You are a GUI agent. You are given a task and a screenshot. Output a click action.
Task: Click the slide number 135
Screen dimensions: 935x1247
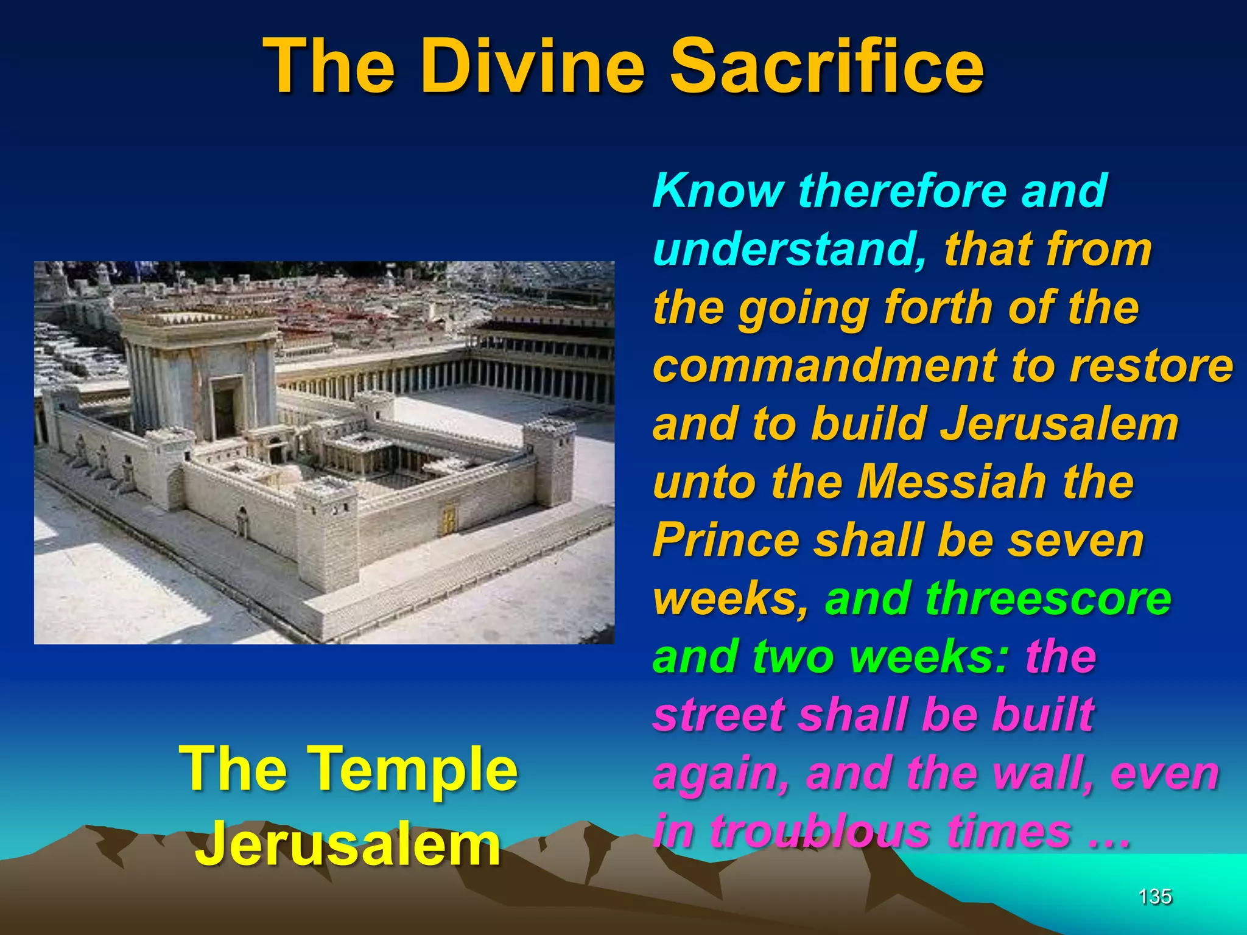[x=1155, y=896]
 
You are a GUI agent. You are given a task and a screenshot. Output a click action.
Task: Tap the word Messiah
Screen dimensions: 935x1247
[x=952, y=482]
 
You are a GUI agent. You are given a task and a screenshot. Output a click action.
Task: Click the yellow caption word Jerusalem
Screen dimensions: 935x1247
[x=348, y=846]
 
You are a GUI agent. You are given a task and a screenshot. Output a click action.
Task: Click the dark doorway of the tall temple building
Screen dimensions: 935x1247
[x=225, y=411]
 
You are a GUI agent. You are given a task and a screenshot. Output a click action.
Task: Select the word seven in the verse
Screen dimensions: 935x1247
[x=1076, y=541]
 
